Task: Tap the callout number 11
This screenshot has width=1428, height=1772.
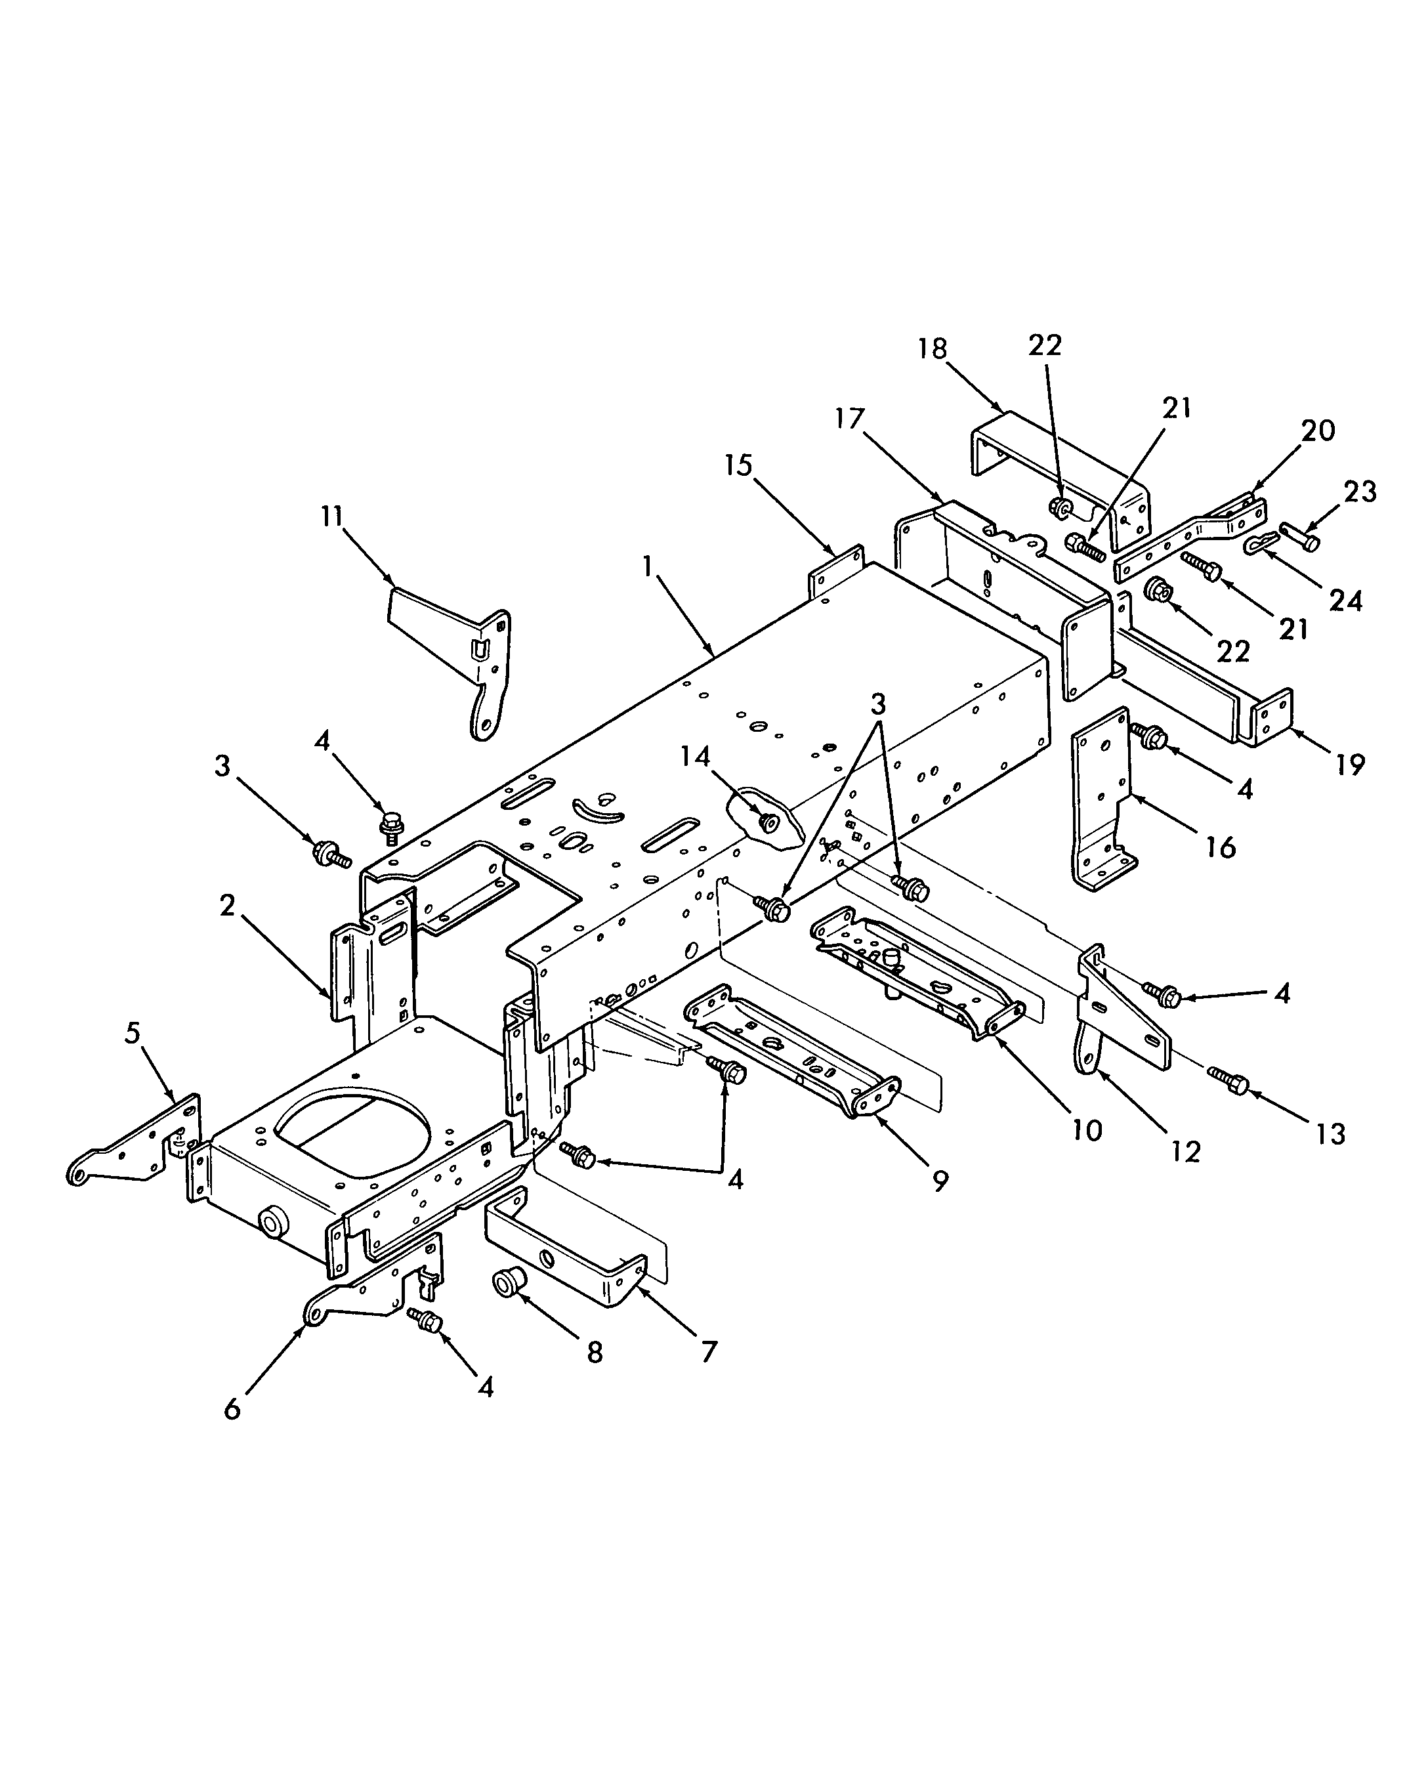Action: pos(332,519)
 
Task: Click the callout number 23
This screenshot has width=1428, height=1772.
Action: pos(1359,492)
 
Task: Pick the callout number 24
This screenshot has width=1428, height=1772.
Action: pos(1346,601)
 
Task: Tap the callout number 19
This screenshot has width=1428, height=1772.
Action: pos(1350,765)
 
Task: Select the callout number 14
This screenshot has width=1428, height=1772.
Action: pos(695,756)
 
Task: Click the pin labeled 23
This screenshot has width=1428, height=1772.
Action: pos(1299,538)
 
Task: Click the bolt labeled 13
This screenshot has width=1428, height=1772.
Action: pos(1229,1080)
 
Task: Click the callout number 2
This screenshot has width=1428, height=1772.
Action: pos(227,906)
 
